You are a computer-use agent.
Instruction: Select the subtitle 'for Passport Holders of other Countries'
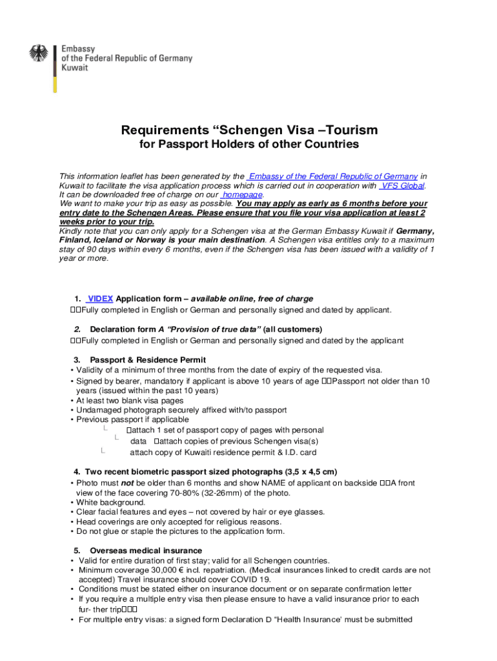(x=249, y=145)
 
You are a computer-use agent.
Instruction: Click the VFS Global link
(x=403, y=186)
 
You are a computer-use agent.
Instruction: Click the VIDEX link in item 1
(x=100, y=299)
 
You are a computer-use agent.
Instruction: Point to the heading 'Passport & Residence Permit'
(x=148, y=360)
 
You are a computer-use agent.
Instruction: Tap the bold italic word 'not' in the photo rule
(x=128, y=483)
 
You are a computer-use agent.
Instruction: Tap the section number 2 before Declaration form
(x=77, y=329)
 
